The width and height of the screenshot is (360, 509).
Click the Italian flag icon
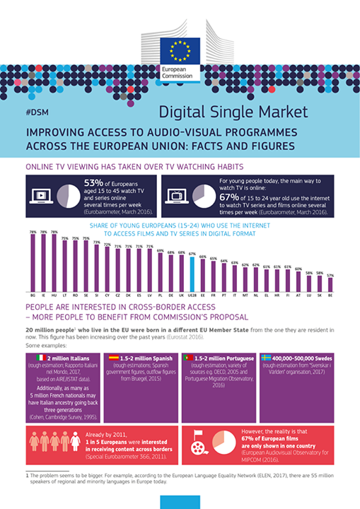point(41,358)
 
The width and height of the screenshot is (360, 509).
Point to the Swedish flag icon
point(265,358)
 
